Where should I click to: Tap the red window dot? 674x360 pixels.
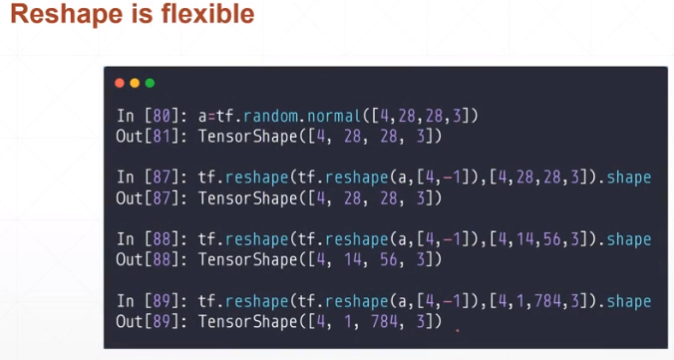(x=121, y=83)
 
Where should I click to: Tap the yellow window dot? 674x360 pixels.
(x=135, y=83)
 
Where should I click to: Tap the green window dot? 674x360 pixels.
(x=150, y=83)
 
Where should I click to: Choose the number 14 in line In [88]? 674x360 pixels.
(x=535, y=239)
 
